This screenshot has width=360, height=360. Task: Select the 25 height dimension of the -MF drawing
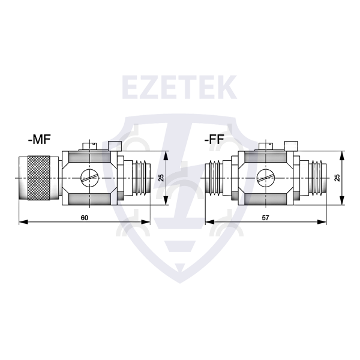[x=161, y=178]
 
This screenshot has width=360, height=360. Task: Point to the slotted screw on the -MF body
[x=89, y=177]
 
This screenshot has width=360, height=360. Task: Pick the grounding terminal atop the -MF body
[x=90, y=145]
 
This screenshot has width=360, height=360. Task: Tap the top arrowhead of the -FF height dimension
[x=341, y=154]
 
